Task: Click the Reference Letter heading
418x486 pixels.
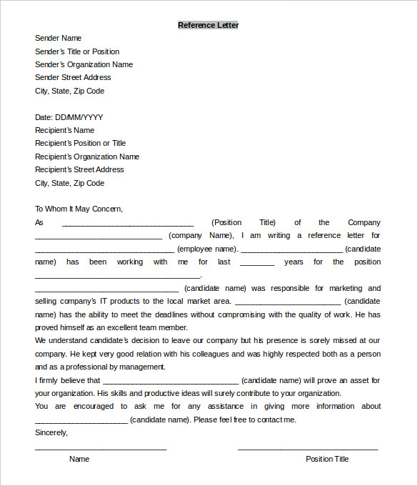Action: (208, 25)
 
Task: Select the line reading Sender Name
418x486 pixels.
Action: (58, 38)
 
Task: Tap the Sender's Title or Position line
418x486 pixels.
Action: (77, 51)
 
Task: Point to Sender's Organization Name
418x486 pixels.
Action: (84, 64)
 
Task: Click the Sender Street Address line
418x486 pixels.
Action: (73, 77)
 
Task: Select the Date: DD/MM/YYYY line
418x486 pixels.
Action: (69, 117)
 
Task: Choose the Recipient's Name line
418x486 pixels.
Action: (64, 130)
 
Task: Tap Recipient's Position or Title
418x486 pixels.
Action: (80, 143)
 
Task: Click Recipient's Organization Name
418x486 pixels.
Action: (87, 157)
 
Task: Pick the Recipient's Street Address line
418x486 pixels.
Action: (79, 169)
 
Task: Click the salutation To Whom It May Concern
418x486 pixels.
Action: (79, 209)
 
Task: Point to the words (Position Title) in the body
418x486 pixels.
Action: (244, 222)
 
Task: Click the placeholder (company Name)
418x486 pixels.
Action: (201, 235)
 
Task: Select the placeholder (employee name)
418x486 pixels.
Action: (207, 249)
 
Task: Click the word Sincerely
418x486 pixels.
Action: (51, 432)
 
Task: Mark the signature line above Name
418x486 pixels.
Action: (101, 449)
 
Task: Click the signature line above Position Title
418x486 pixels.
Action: (307, 449)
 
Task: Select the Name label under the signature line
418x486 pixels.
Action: (79, 459)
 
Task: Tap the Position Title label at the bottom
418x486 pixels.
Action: (327, 459)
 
